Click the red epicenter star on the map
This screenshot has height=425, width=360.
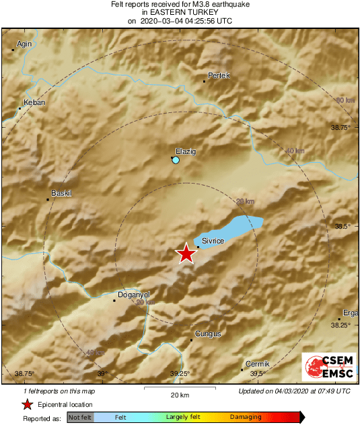186,254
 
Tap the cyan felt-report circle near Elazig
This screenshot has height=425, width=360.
176,161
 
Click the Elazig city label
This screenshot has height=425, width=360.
185,151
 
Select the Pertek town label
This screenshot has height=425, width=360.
219,75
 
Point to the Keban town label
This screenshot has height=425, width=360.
34,103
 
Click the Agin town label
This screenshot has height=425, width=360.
24,44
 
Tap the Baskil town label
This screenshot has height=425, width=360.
61,194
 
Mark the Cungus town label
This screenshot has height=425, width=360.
207,334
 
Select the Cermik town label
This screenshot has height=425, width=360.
257,363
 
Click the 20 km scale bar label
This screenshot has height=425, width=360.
179,395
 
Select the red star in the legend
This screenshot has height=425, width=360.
27,404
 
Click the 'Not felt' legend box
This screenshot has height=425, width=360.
80,418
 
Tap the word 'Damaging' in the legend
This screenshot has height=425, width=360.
246,418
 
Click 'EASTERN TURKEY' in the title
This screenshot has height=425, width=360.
180,12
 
